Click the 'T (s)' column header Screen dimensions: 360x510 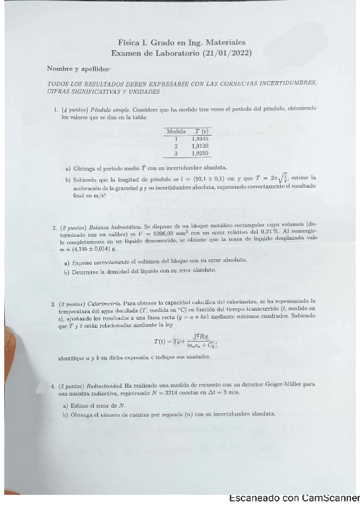click(200, 131)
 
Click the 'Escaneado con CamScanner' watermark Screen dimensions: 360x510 click(294, 498)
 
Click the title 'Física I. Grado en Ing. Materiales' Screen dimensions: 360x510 click(182, 43)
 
